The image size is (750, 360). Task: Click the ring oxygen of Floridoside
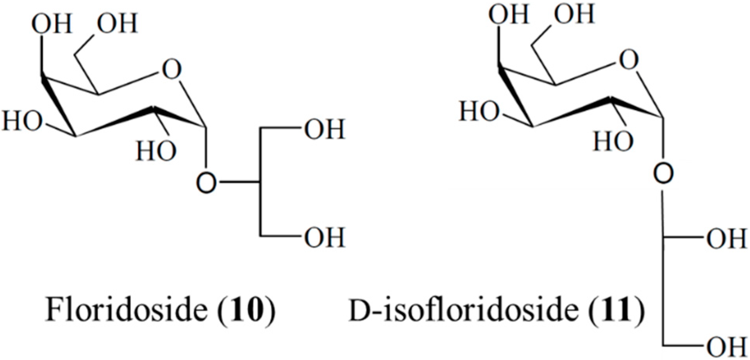pos(171,70)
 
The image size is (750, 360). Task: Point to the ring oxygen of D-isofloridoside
pos(629,61)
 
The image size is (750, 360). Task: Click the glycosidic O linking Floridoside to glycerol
pos(206,183)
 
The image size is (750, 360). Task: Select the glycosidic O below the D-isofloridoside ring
pos(663,173)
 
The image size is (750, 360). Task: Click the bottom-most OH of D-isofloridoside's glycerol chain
pos(727,346)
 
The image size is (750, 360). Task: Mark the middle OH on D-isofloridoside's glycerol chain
pos(727,238)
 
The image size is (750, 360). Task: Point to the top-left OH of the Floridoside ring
pos(52,24)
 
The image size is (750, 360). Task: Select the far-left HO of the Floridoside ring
pos(22,120)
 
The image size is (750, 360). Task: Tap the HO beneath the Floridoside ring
pos(156,151)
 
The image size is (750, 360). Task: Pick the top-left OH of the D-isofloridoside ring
pos(509,14)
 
